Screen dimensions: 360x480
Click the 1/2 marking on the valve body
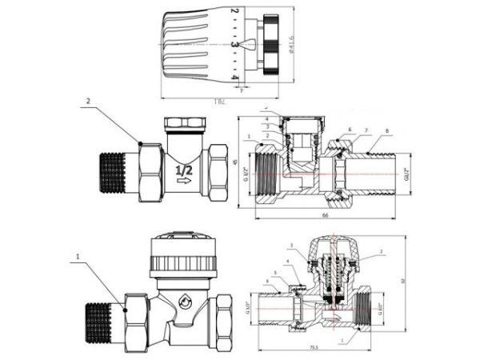(x=183, y=170)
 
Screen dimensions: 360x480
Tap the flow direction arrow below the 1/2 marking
(x=183, y=183)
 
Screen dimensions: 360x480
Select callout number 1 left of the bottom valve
(x=77, y=258)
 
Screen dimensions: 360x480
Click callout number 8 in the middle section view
(x=386, y=130)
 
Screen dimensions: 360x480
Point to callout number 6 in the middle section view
(x=350, y=130)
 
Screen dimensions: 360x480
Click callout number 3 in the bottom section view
(x=293, y=245)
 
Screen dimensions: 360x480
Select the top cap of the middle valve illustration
(x=182, y=124)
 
